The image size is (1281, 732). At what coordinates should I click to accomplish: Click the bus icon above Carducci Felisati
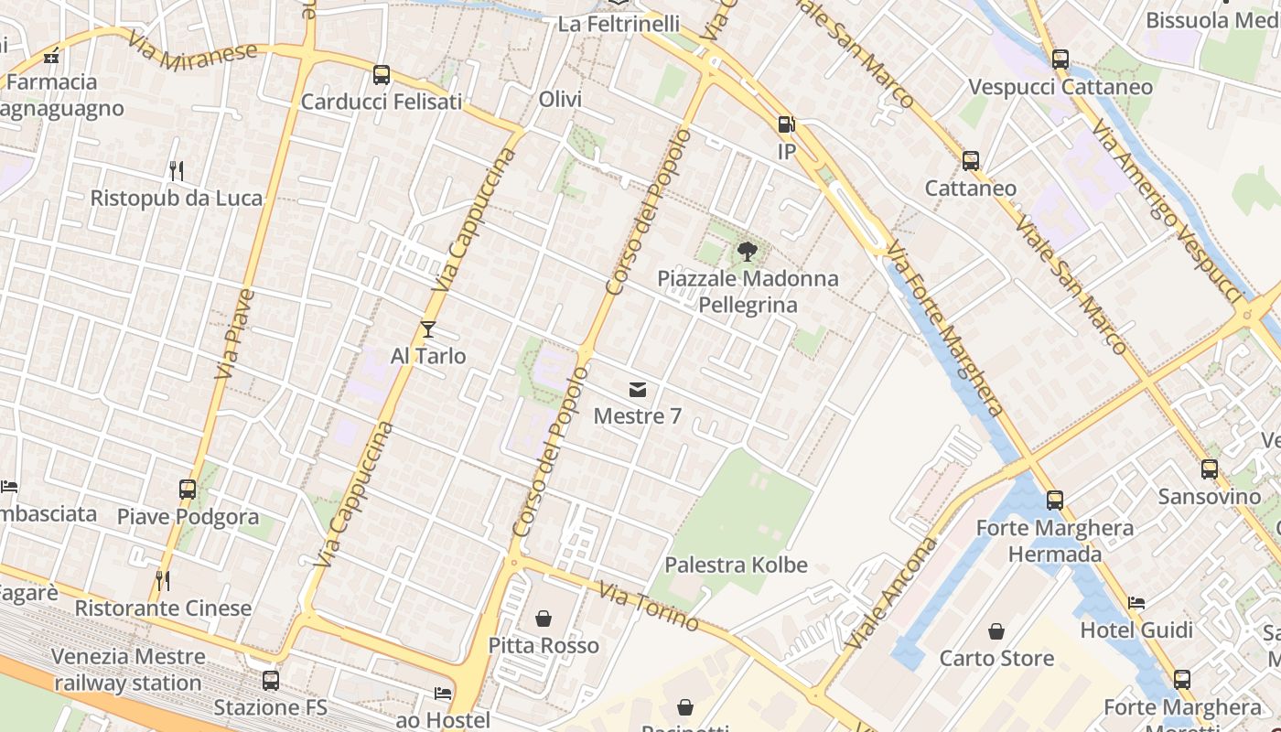click(x=382, y=75)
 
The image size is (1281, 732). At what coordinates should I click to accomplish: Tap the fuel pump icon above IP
click(x=786, y=124)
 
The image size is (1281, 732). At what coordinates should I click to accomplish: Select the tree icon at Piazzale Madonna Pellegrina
click(x=748, y=251)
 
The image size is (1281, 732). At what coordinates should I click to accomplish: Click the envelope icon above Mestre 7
click(x=638, y=391)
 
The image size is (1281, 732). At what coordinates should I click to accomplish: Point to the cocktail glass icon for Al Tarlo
click(x=428, y=329)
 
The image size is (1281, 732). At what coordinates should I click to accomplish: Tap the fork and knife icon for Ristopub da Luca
click(x=177, y=170)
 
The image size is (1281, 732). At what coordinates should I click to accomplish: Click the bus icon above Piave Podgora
click(x=188, y=490)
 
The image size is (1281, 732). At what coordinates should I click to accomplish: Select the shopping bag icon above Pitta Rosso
click(x=544, y=619)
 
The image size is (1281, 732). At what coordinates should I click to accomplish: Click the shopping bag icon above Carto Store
click(x=996, y=631)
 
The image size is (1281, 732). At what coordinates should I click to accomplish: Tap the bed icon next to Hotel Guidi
click(x=1136, y=603)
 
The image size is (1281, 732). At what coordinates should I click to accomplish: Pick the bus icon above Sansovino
click(x=1210, y=469)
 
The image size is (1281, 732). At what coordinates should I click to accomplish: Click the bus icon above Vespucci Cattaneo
click(x=1060, y=59)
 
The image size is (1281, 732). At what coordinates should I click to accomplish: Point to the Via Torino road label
click(x=650, y=607)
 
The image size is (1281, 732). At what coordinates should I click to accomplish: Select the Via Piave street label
click(x=234, y=334)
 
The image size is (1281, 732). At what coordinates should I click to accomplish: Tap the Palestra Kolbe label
click(x=736, y=565)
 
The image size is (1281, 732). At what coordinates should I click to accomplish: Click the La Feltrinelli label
click(x=619, y=24)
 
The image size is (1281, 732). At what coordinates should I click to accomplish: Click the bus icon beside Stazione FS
click(x=271, y=681)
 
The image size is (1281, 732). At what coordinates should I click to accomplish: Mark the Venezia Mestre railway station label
click(x=128, y=669)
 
